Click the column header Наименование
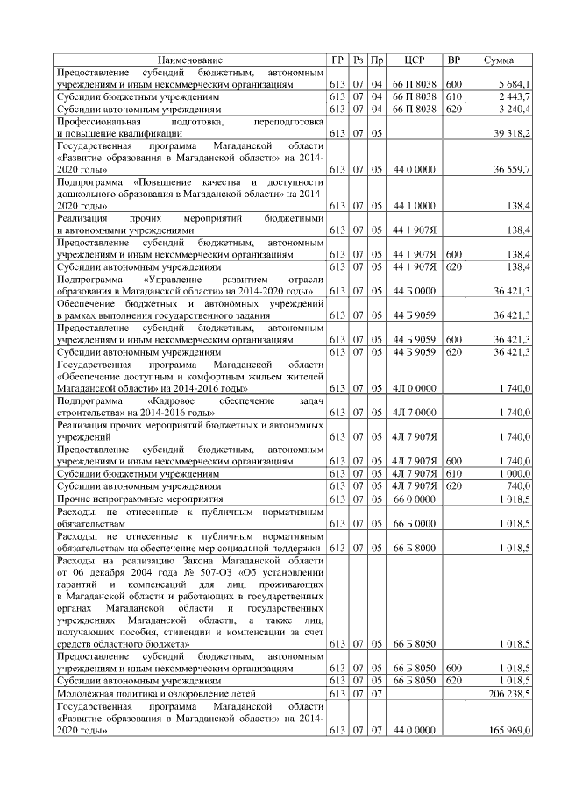tap(190, 60)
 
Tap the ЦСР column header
tap(415, 60)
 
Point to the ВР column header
tap(454, 60)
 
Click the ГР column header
tap(337, 60)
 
